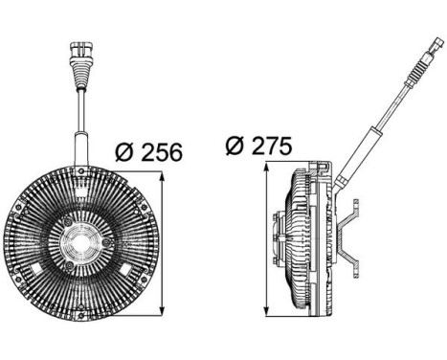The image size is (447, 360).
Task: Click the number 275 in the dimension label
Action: click(275, 146)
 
